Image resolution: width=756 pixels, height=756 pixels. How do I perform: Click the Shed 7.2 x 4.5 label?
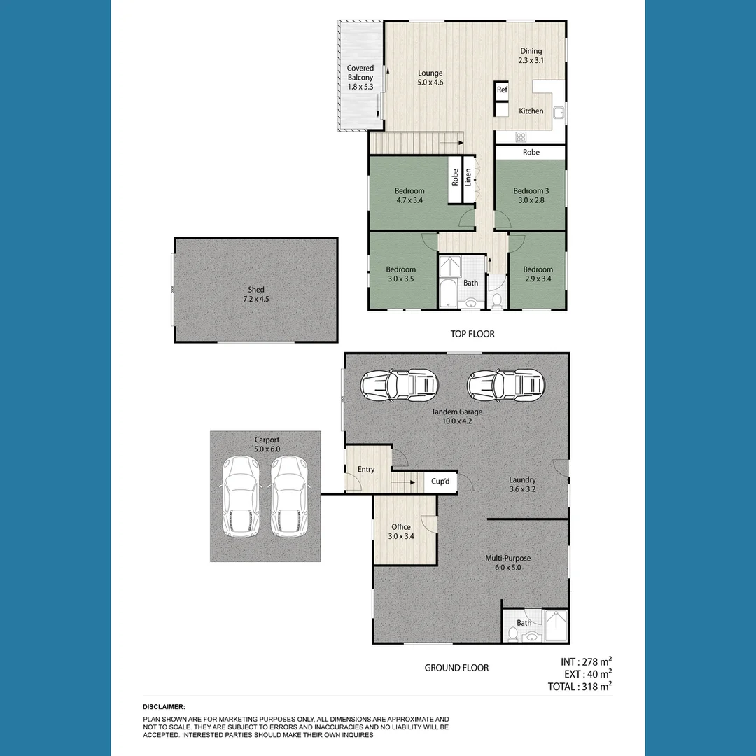(x=255, y=294)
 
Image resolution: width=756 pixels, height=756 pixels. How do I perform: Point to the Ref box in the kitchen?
(x=502, y=90)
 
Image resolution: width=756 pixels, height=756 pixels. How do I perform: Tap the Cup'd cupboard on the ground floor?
(x=440, y=482)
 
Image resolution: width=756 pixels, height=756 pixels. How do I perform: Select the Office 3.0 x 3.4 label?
(x=401, y=532)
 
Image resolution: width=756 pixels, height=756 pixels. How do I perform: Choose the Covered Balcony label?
(x=360, y=78)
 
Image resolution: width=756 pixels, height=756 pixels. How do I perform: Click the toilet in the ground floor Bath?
(x=512, y=634)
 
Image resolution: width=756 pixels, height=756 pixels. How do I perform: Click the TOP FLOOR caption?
(x=472, y=334)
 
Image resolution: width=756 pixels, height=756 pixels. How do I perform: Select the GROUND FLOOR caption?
(x=456, y=668)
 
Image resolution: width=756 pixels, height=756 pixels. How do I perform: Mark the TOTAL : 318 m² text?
(x=580, y=687)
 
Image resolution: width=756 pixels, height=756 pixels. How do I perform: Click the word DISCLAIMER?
(x=164, y=707)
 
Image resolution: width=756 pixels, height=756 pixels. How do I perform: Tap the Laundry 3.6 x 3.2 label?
(x=522, y=484)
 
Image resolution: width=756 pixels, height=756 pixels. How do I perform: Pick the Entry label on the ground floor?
(x=365, y=470)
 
